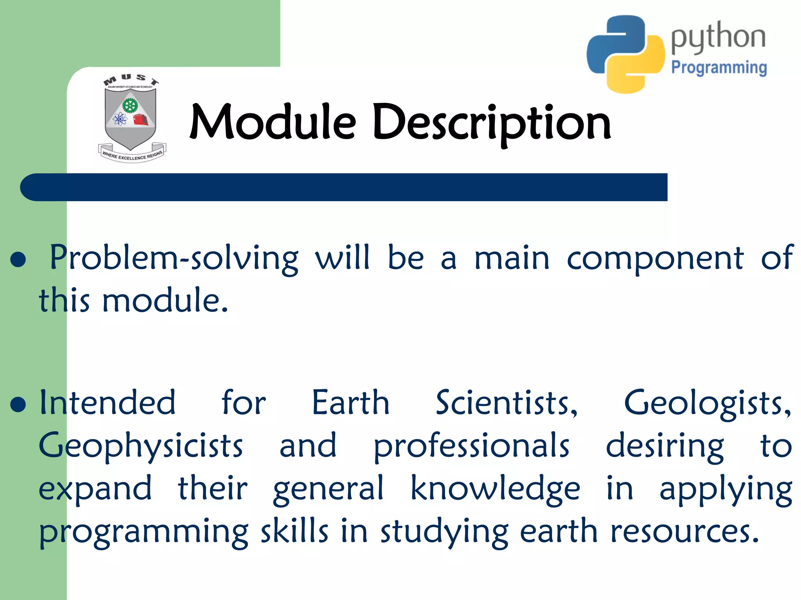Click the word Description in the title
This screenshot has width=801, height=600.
492,123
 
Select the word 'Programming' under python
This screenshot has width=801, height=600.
719,68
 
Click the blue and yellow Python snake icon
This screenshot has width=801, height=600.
625,54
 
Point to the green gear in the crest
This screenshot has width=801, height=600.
130,105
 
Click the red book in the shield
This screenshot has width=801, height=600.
141,120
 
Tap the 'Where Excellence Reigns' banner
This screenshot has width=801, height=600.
132,155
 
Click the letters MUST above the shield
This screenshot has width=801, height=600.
131,79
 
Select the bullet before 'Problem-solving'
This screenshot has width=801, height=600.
18,259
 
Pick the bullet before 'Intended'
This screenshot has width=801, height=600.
18,405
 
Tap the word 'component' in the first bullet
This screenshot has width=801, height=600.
655,259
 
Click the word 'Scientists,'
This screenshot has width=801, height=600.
506,403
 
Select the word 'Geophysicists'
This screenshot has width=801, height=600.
141,446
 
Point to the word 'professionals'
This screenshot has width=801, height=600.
471,446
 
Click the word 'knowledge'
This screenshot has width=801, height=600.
495,489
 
